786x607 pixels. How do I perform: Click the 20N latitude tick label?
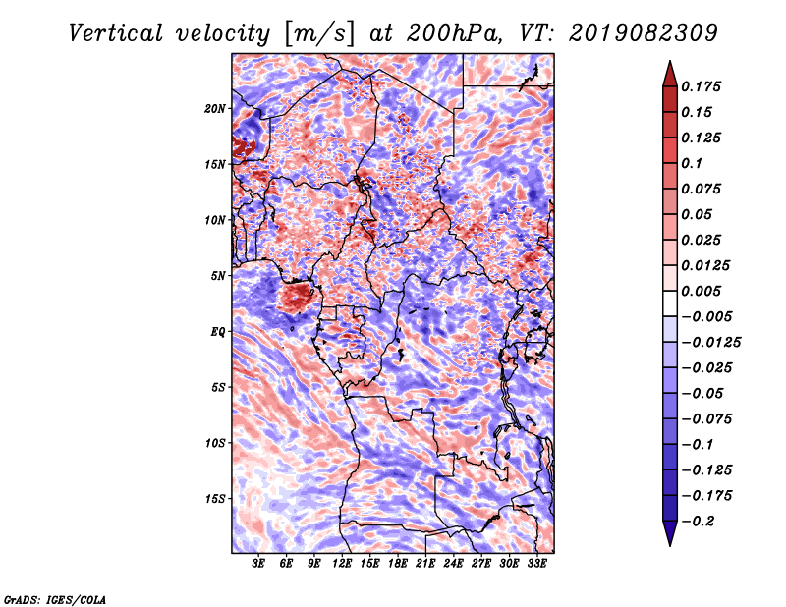click(x=215, y=108)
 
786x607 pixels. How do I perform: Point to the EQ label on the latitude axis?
click(x=218, y=332)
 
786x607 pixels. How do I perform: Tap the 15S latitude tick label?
click(x=215, y=499)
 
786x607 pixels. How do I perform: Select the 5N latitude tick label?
click(x=218, y=276)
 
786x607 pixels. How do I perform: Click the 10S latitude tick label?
click(x=215, y=443)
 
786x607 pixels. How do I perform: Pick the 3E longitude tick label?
click(x=259, y=565)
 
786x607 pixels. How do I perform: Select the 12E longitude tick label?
click(x=343, y=565)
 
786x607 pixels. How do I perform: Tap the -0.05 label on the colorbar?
click(x=704, y=393)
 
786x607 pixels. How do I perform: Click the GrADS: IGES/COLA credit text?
click(x=54, y=598)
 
